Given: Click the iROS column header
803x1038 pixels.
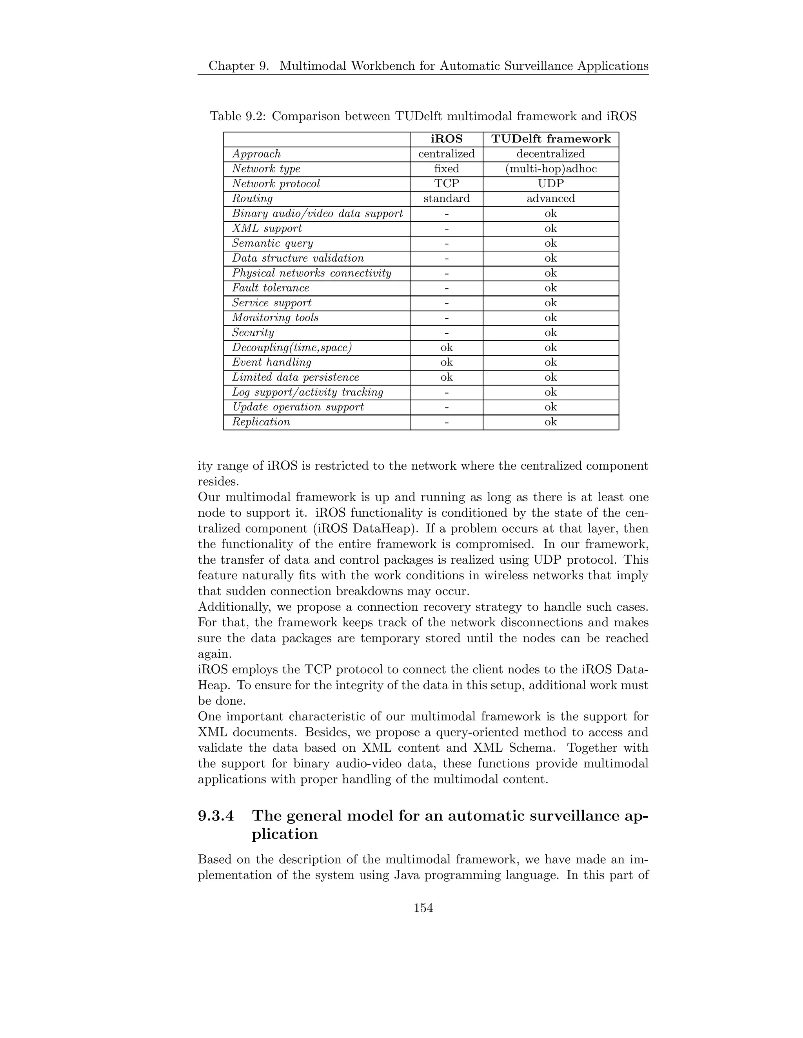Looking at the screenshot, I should tap(446, 139).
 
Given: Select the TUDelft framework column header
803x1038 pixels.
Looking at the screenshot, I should tap(550, 139).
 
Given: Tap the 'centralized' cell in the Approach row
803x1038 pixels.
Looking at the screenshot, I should tap(446, 154).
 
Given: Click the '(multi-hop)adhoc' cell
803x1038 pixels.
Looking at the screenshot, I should tap(550, 169).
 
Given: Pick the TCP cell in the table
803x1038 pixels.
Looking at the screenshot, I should tap(446, 183).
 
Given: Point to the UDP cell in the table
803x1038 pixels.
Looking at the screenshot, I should tap(550, 183).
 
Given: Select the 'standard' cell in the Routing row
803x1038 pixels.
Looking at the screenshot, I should tap(446, 199).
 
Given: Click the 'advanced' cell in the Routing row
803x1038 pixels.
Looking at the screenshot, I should tap(550, 199).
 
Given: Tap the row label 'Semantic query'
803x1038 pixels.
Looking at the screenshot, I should tap(272, 243).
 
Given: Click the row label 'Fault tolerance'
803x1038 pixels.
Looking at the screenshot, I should tap(270, 288).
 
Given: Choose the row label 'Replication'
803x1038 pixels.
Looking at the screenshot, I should tap(261, 422).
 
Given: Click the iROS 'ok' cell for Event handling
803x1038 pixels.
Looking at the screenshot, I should tap(446, 362).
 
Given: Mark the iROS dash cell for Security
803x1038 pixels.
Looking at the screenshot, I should tap(446, 333).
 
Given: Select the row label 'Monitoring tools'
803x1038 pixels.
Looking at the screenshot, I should tap(275, 318).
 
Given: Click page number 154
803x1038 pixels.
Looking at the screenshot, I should tap(423, 908).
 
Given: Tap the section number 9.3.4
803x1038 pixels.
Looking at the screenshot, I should tap(216, 816).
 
